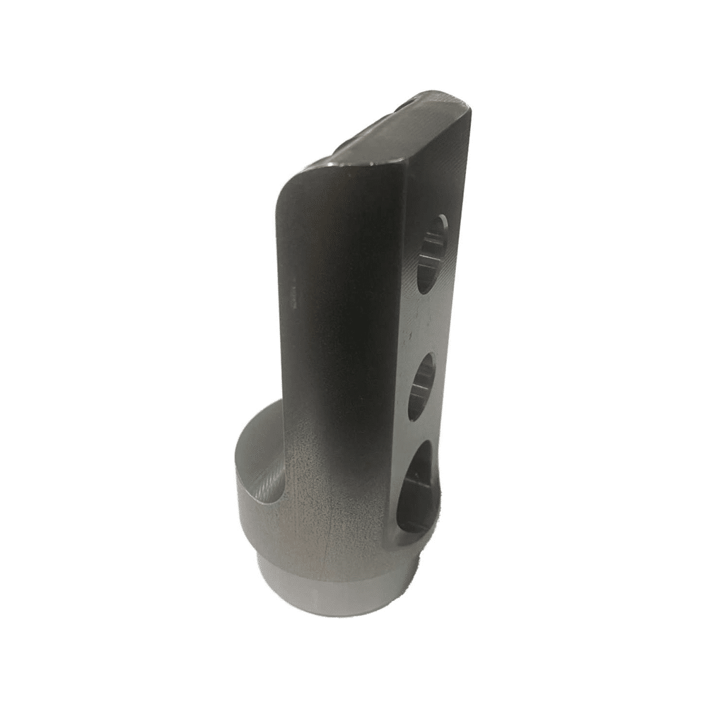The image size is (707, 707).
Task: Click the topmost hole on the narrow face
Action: [432, 253]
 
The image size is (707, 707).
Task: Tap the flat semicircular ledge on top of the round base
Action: [255, 452]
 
